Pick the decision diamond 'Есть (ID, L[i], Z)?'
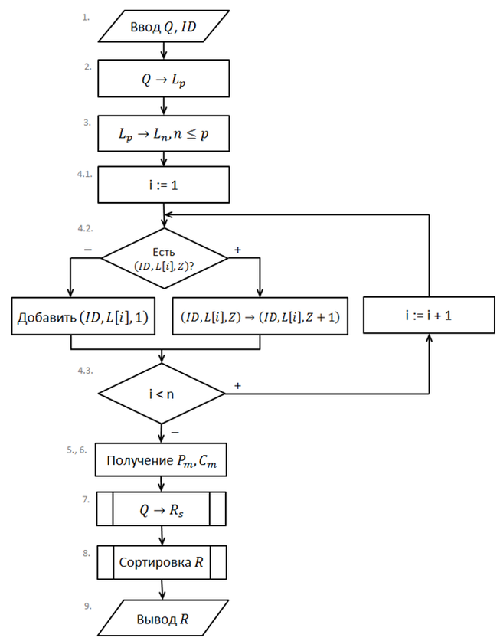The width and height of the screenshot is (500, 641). point(164,258)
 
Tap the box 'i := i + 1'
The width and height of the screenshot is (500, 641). point(429,315)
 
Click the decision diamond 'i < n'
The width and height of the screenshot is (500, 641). point(162,393)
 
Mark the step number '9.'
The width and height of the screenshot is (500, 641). point(88,606)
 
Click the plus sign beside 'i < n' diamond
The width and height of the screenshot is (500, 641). point(237,386)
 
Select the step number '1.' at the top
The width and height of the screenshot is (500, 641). point(87,15)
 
